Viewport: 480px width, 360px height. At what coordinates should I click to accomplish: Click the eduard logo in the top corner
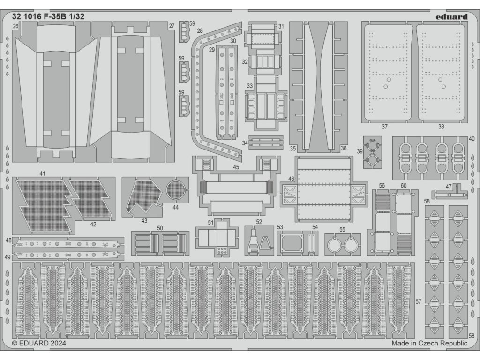[x=451, y=17]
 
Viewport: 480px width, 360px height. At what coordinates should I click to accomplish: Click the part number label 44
[x=175, y=207]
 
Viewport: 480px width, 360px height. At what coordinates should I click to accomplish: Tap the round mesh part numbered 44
[x=175, y=189]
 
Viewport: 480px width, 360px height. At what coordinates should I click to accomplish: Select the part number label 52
[x=259, y=222]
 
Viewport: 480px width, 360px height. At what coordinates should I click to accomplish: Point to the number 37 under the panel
[x=384, y=127]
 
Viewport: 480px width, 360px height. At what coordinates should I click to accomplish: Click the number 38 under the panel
[x=441, y=127]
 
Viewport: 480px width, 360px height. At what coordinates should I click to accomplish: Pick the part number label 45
[x=236, y=167]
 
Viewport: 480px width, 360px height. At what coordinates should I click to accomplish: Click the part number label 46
[x=291, y=179]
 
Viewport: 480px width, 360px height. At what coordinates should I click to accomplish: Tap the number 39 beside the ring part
[x=360, y=151]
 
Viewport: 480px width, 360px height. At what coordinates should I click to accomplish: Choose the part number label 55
[x=342, y=230]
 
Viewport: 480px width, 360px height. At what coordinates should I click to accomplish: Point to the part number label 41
[x=42, y=174]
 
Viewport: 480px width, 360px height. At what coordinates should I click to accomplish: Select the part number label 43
[x=144, y=220]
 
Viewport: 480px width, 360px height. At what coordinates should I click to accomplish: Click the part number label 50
[x=160, y=228]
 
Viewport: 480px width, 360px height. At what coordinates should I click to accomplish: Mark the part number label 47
[x=449, y=187]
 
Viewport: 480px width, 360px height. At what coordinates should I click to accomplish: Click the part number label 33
[x=250, y=86]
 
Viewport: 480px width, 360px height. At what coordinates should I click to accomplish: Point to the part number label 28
[x=200, y=31]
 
